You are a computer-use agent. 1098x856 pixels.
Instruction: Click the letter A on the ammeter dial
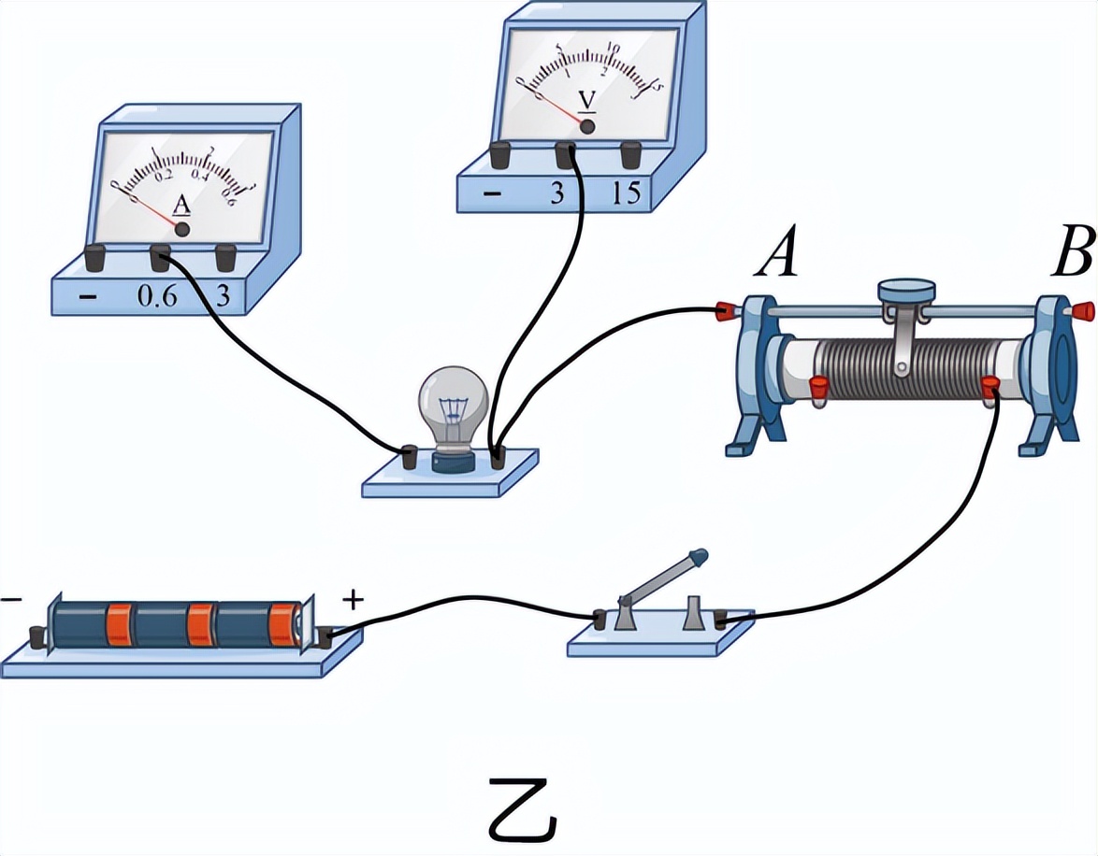point(182,206)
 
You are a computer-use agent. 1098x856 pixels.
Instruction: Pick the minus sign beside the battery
point(11,599)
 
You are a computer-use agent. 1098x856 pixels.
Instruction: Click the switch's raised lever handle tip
point(699,558)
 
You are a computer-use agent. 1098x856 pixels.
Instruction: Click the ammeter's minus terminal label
point(89,297)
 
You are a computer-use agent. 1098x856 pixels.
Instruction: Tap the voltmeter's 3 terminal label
point(556,193)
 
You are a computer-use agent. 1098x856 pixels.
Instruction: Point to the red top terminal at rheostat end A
point(725,308)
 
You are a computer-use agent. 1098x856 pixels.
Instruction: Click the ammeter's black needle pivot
point(182,228)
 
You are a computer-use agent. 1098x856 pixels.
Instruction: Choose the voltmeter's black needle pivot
point(587,125)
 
